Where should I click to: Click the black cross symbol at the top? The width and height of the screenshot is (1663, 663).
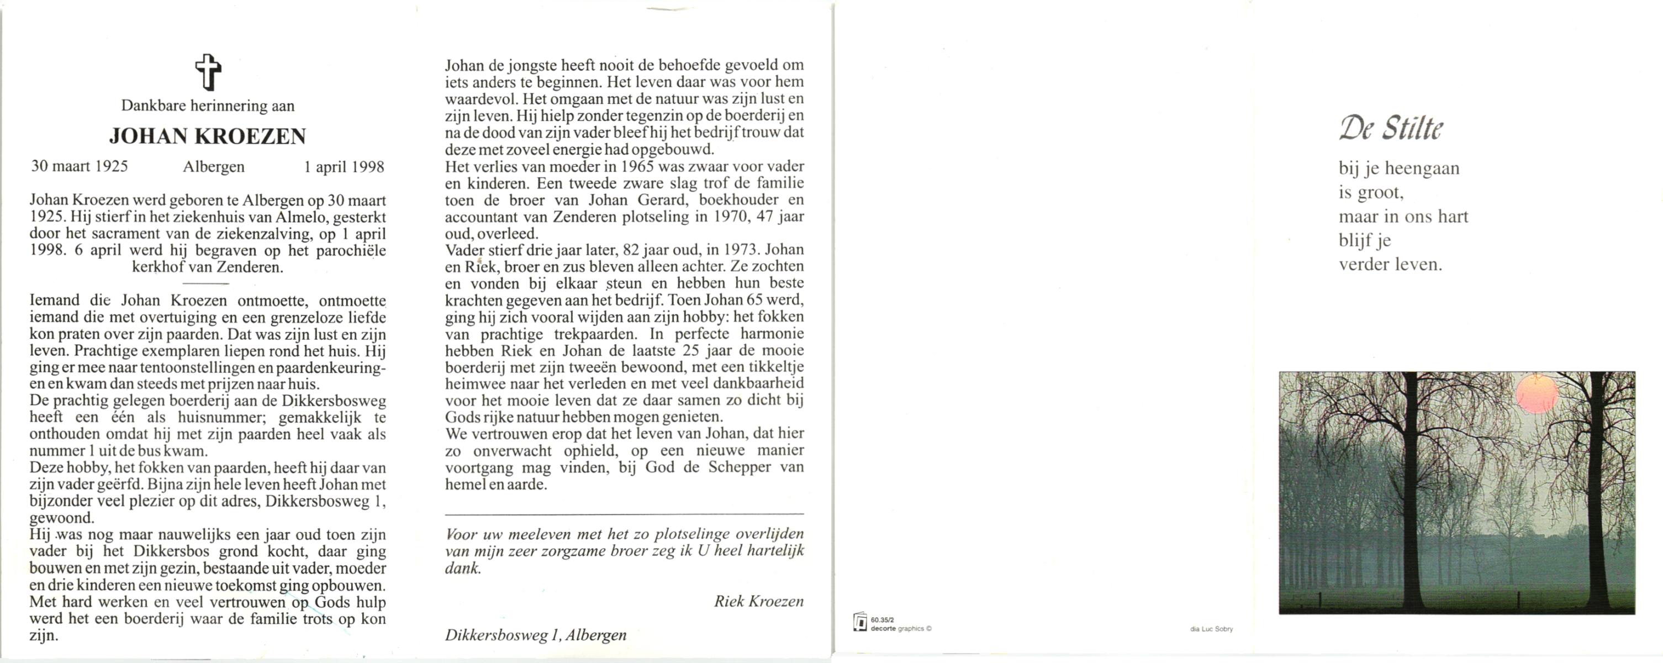pos(208,72)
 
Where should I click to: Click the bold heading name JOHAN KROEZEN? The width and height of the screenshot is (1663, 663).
pos(208,136)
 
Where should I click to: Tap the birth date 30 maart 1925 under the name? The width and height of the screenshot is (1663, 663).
pos(80,166)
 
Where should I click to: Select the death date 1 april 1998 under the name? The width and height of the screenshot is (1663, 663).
pos(344,167)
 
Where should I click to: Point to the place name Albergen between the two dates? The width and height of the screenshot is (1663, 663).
pos(214,167)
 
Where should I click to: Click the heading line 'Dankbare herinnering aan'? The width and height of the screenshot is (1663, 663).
pos(208,106)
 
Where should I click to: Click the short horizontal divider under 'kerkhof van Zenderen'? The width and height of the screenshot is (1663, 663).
pos(206,283)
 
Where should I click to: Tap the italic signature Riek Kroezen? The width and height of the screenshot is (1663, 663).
pos(758,602)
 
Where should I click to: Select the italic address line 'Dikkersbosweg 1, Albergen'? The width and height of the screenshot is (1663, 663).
pos(535,635)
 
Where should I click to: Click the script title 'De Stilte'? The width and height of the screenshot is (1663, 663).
pos(1391,129)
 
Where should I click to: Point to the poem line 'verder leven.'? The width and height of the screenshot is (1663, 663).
pos(1390,265)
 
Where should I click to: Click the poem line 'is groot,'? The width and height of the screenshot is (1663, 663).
pos(1371,192)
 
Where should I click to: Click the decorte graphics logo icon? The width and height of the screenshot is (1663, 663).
pos(860,622)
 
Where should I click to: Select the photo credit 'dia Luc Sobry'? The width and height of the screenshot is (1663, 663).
pos(1211,629)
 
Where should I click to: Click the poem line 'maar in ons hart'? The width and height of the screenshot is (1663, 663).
pos(1403,216)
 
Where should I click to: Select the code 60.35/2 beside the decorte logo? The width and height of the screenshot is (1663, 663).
pos(882,620)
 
